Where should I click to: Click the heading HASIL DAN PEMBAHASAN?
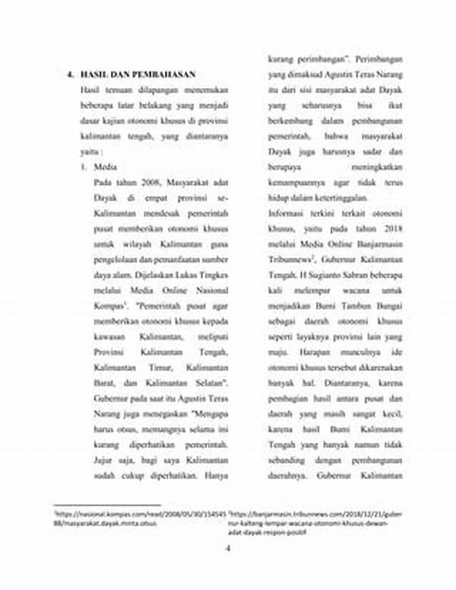coord(138,75)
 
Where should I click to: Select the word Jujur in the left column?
coord(105,460)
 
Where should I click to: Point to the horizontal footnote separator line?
coord(107,505)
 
